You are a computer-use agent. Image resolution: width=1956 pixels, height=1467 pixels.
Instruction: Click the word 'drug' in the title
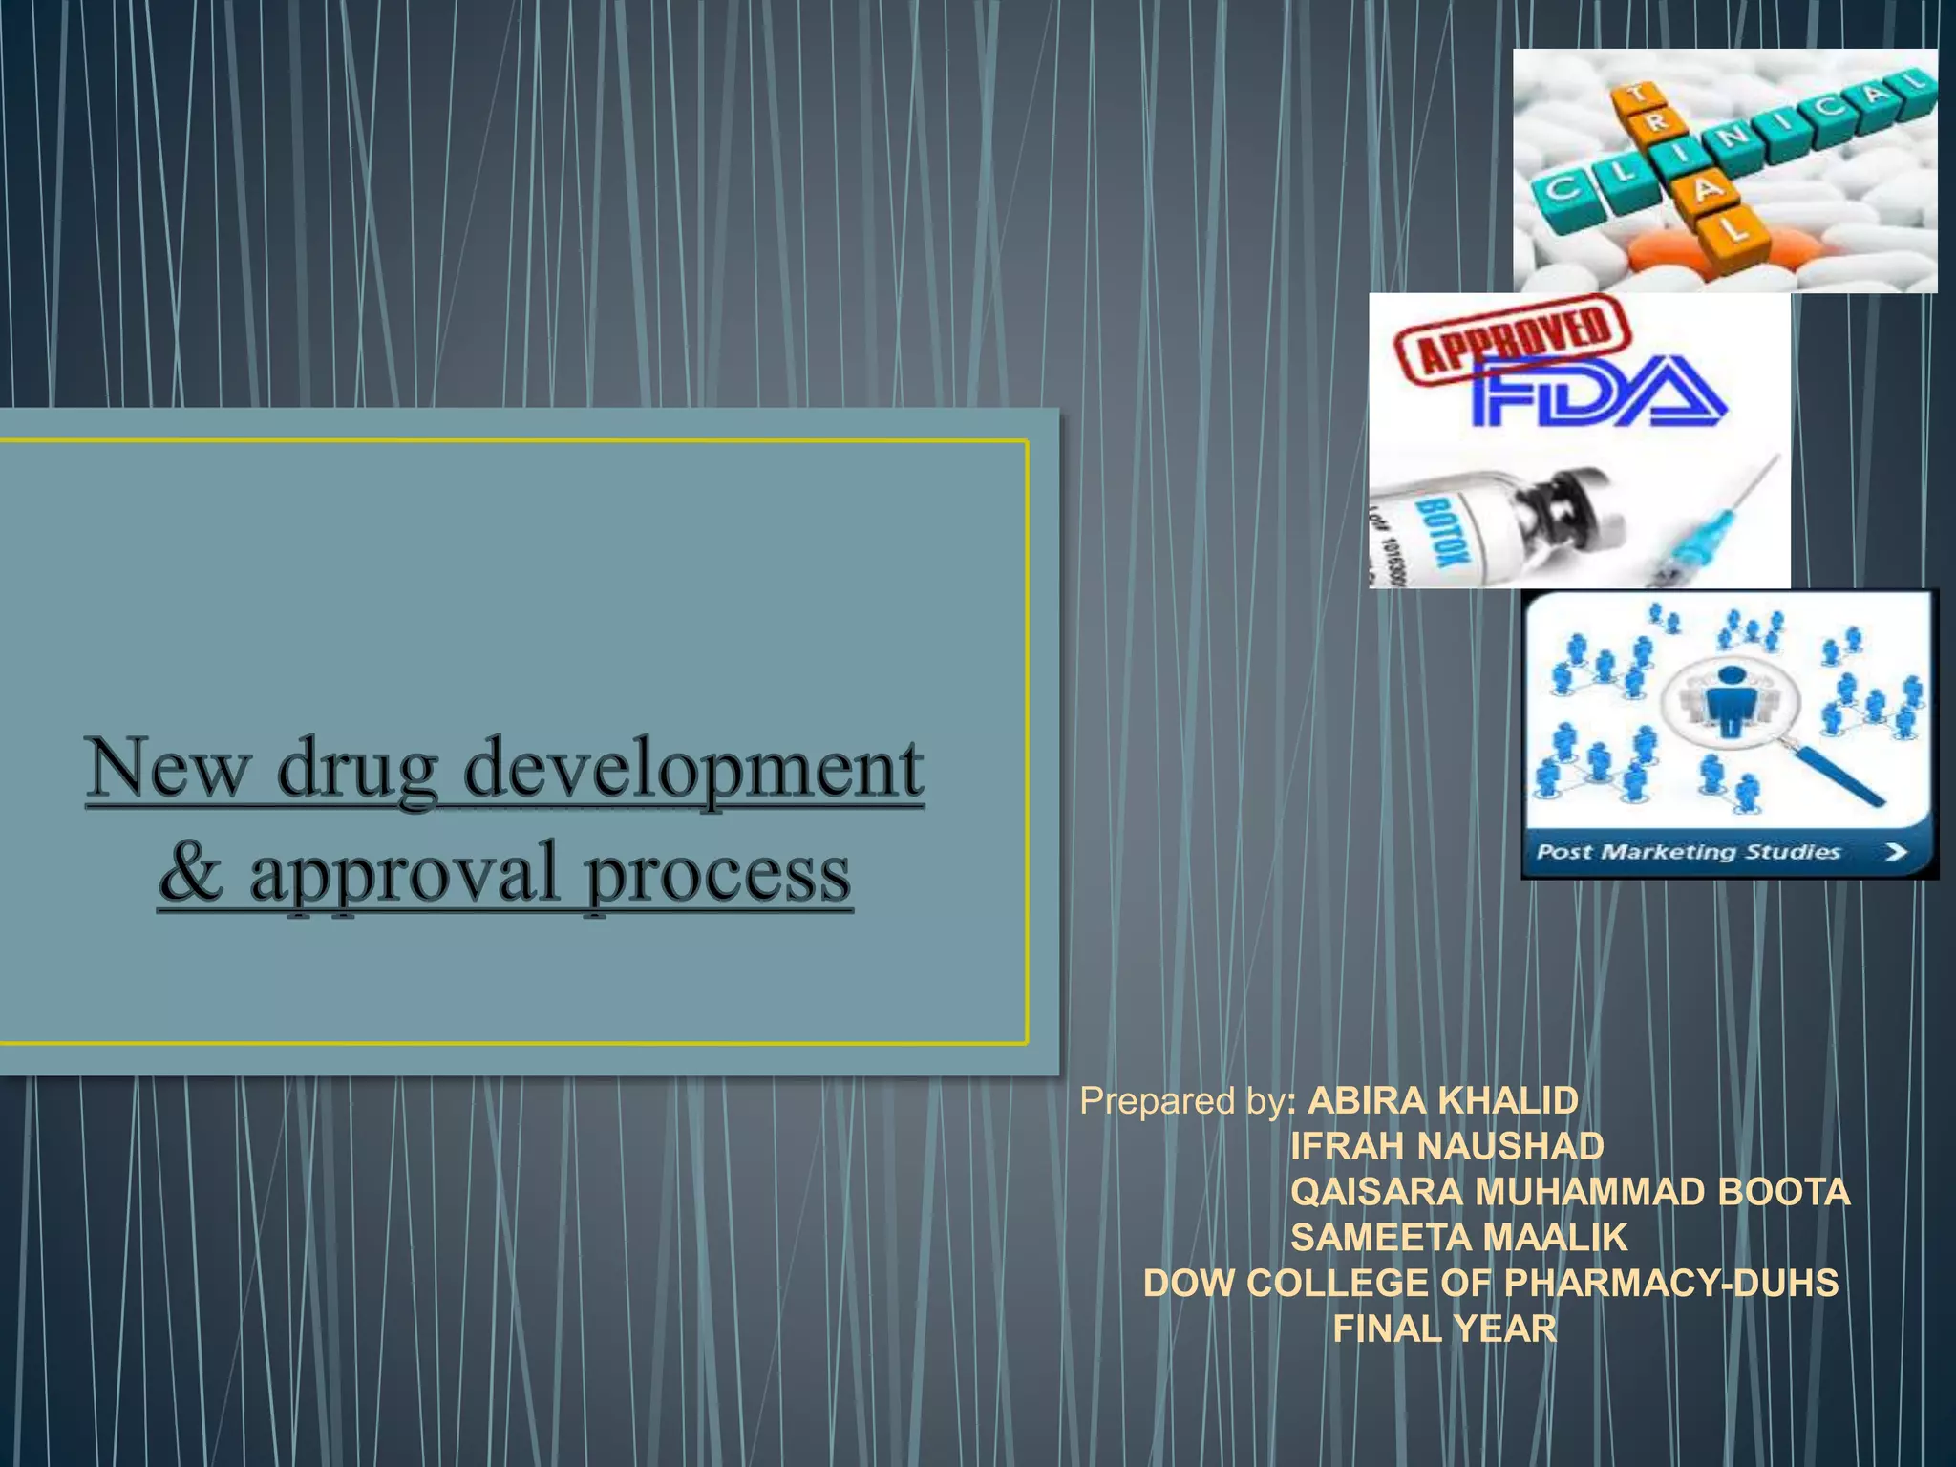357,772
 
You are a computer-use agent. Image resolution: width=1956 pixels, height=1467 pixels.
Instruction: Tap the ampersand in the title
191,871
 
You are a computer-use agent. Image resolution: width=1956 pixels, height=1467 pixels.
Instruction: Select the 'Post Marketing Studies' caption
1688,851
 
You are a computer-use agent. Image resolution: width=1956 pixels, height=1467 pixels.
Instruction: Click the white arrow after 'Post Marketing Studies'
1896,852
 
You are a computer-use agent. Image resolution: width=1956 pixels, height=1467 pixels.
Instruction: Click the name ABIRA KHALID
1442,1101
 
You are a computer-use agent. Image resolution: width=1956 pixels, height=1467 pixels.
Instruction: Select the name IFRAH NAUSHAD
1447,1146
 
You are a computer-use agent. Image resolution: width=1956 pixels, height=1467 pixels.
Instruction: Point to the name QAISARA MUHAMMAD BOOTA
1570,1192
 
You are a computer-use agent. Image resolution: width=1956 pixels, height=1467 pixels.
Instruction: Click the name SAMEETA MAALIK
1458,1238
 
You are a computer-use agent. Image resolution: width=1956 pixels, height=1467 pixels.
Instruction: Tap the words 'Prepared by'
1182,1101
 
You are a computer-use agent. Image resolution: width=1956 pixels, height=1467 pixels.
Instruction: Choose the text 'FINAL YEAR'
1444,1329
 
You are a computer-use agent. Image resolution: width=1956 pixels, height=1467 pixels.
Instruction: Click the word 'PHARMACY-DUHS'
1671,1283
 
